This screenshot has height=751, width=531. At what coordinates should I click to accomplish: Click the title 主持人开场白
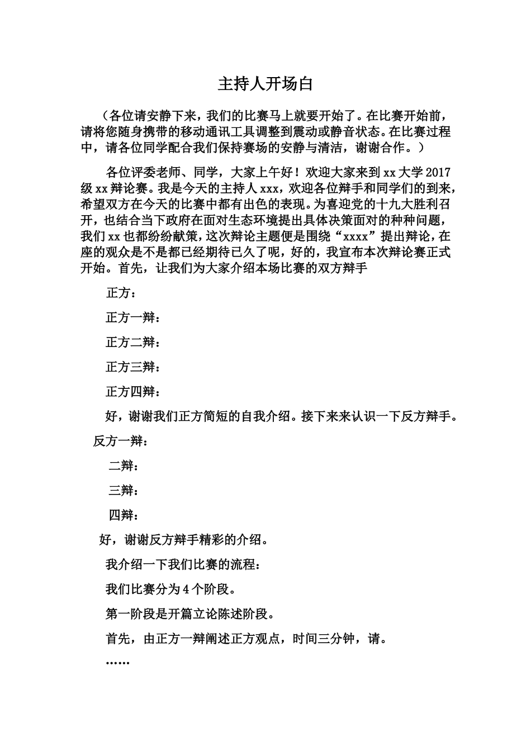265,84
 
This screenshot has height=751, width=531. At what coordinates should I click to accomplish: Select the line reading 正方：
120,293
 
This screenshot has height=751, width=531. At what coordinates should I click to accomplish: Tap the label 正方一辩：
133,318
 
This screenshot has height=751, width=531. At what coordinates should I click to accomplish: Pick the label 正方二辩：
133,343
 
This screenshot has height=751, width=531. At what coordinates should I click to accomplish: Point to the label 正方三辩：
133,367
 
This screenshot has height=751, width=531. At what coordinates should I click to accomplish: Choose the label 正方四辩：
133,392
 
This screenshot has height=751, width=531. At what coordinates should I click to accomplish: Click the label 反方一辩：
120,441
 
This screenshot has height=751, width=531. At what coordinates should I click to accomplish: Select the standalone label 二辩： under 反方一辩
124,466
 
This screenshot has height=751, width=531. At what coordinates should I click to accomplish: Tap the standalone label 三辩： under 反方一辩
124,491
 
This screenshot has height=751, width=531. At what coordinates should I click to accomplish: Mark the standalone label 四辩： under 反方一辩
124,515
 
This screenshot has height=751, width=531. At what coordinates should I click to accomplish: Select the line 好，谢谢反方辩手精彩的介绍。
183,540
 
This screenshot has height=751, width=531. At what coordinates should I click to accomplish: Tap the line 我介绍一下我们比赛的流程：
182,564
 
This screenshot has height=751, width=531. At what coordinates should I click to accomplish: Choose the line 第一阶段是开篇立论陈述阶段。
190,614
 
